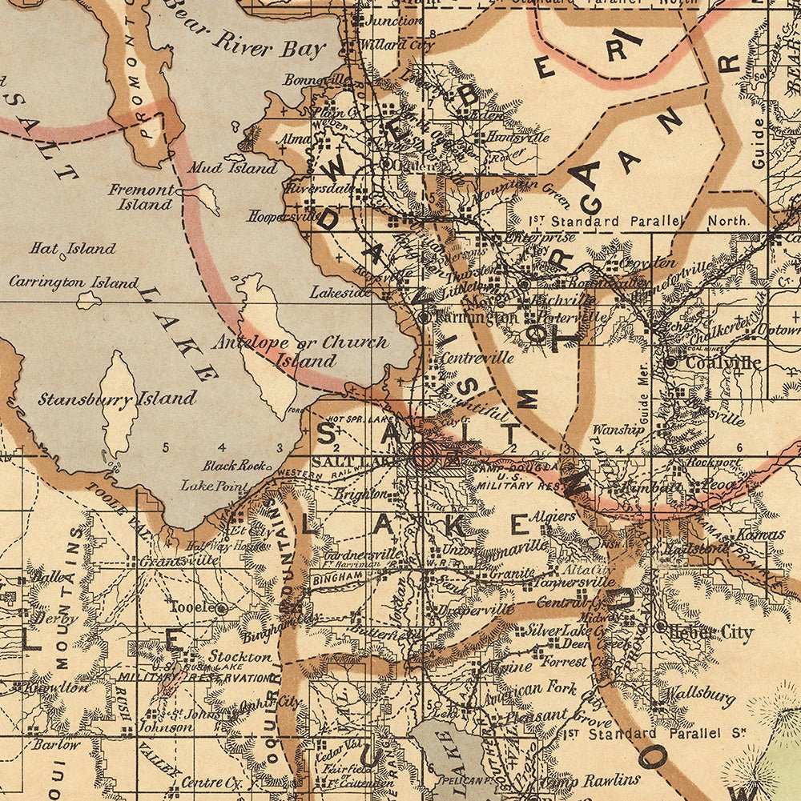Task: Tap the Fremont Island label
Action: tap(143, 197)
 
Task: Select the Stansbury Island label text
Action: tap(117, 398)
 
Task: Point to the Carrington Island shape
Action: tap(88, 300)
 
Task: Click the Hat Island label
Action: tap(73, 249)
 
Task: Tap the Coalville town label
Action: tap(722, 362)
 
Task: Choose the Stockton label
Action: tap(239, 656)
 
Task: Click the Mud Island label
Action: tap(232, 168)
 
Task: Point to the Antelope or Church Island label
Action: tap(300, 350)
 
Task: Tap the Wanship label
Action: tap(618, 430)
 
